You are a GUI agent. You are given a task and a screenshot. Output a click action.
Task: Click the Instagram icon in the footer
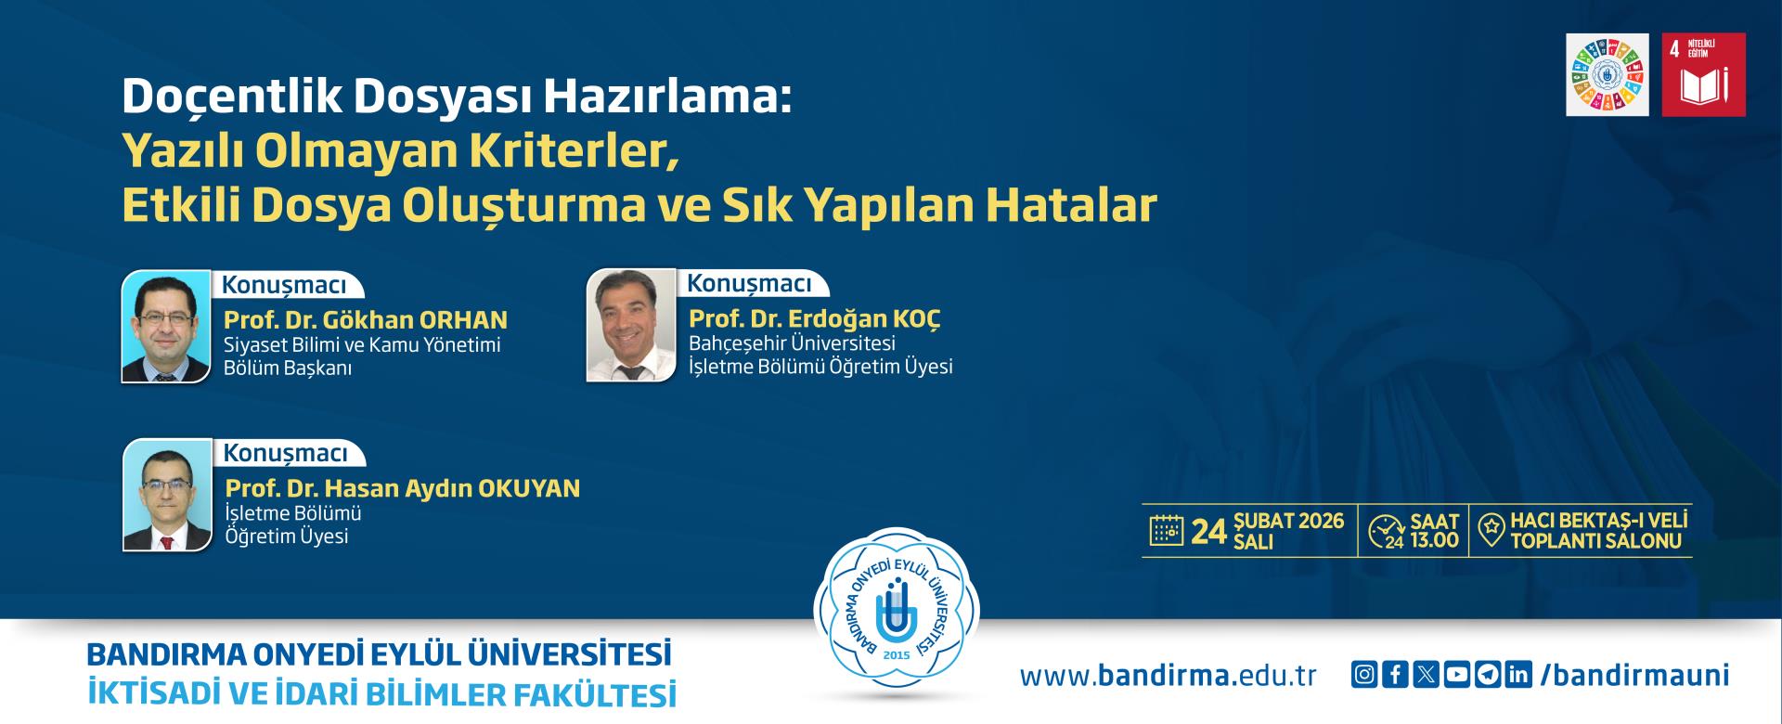1363,675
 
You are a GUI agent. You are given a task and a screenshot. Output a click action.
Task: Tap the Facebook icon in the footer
1395,675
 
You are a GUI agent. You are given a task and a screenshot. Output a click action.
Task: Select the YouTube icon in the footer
1457,675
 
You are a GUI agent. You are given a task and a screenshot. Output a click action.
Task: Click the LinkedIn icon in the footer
1518,675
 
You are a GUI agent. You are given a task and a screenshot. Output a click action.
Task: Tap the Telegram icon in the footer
1488,675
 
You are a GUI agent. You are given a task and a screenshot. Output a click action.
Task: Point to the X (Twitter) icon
1426,675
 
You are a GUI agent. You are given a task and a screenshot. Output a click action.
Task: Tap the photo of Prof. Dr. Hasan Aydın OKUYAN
168,495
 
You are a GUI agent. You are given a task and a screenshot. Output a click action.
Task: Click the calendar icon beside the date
1167,531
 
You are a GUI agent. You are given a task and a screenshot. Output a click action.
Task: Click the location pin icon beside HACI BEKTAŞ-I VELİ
1491,531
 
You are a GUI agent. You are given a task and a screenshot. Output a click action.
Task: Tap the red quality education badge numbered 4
1704,75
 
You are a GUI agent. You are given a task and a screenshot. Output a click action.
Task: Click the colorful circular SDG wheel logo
1608,75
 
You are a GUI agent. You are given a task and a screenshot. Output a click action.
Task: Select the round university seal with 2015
897,614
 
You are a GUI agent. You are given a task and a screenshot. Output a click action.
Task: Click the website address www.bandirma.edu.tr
1169,675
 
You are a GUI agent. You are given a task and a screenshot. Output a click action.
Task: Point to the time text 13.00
1434,540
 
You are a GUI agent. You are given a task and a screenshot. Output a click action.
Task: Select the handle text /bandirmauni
1634,675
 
